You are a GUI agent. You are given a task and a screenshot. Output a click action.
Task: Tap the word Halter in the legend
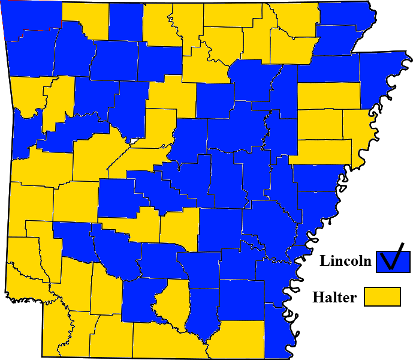pyautogui.click(x=334, y=297)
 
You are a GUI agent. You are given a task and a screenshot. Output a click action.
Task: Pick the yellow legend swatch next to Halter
pyautogui.click(x=382, y=296)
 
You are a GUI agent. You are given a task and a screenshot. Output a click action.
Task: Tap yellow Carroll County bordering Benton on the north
pyautogui.click(x=85, y=18)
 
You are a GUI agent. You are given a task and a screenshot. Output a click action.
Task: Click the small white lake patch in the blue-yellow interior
pyautogui.click(x=134, y=142)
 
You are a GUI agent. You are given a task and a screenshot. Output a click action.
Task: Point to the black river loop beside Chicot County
pyautogui.click(x=288, y=313)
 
